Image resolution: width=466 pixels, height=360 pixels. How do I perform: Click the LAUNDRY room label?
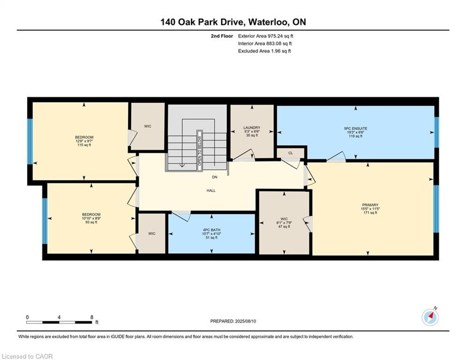251,127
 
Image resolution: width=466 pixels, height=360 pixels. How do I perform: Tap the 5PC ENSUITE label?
355,128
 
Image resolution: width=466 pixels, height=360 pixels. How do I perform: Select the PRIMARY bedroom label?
370,205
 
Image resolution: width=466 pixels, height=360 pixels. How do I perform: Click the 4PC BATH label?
212,230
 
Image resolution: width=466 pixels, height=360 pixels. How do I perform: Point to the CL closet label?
291,153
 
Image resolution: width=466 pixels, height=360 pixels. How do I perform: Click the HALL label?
211,190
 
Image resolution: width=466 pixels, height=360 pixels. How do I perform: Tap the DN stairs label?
215,177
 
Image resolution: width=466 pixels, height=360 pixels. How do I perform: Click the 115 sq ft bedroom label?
84,141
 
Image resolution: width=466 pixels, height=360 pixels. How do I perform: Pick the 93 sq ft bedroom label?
91,218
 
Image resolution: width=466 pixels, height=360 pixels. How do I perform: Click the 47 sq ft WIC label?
284,223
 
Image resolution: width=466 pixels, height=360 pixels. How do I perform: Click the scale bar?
59,322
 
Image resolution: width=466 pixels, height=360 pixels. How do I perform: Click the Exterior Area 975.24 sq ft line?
266,36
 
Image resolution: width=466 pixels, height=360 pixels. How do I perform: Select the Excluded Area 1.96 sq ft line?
264,51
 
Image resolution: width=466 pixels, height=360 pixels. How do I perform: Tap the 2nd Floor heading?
222,36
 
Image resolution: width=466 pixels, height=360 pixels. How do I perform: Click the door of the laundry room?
243,155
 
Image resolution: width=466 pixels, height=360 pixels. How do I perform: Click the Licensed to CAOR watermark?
27,356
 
